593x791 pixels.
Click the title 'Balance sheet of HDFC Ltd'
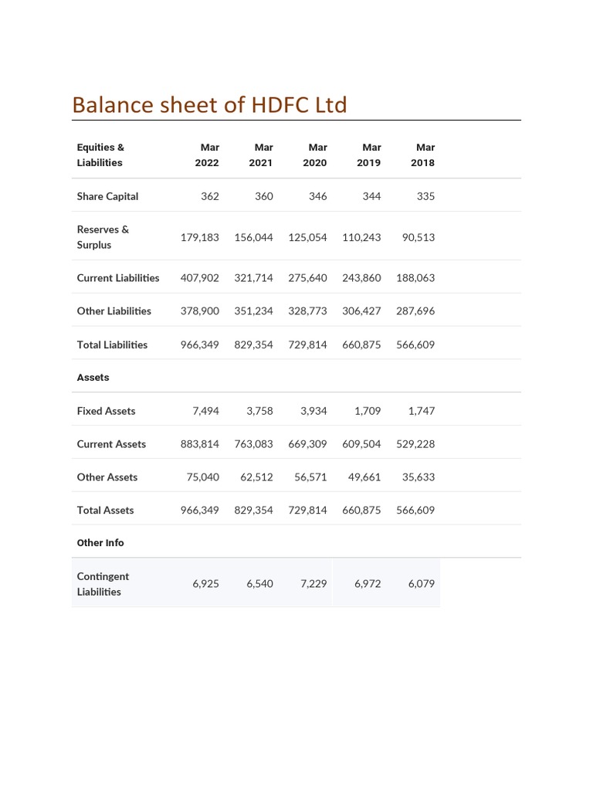(209, 105)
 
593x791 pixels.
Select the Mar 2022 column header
(207, 154)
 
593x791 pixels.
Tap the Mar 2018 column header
(423, 154)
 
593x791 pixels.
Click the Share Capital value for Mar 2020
(317, 196)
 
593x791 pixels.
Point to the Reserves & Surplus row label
(103, 237)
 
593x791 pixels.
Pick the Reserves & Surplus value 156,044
(253, 237)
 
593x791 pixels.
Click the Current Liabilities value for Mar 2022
(199, 278)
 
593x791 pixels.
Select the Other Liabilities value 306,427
(361, 311)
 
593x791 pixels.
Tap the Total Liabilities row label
(112, 345)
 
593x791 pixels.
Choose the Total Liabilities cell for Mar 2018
(415, 345)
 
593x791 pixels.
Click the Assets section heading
(93, 378)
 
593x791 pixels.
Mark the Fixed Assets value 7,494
(205, 411)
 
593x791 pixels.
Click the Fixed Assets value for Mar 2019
(368, 411)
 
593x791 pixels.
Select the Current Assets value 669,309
(307, 444)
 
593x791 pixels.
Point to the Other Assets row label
(107, 477)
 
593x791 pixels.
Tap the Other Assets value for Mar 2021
(256, 477)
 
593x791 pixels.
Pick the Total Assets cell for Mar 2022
(199, 511)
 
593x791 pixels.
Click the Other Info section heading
(100, 543)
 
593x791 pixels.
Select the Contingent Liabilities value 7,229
(313, 584)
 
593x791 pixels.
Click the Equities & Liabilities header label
(100, 154)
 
